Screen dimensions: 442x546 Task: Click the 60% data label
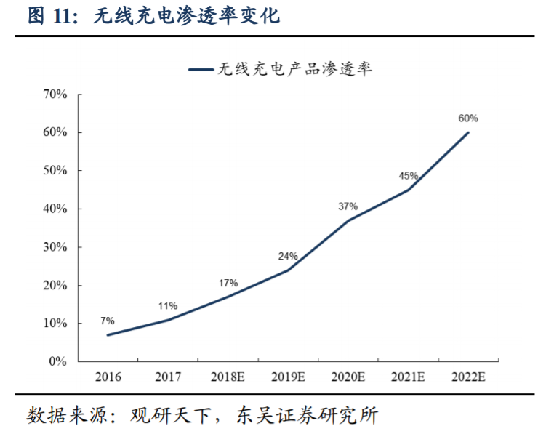point(468,118)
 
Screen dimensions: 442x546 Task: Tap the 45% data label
point(408,176)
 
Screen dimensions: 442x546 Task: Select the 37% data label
point(348,206)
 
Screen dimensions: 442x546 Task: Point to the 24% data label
point(288,256)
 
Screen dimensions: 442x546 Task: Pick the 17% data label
point(228,283)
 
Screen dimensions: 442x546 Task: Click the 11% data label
point(168,306)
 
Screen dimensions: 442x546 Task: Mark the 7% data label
point(108,321)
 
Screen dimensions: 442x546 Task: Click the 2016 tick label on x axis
point(108,377)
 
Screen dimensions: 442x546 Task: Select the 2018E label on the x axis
point(228,377)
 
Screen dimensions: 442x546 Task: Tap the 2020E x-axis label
point(348,377)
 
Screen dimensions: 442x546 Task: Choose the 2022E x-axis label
point(468,377)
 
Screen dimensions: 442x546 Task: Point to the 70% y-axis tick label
point(55,95)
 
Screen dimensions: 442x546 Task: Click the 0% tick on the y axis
point(58,361)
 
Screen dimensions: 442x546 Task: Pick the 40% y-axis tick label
point(55,209)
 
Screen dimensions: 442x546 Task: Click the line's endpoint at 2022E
point(468,132)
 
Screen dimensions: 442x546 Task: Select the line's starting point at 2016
point(108,335)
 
